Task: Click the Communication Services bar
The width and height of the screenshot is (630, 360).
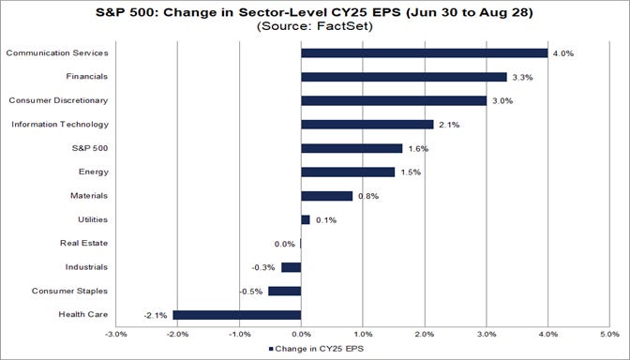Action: [424, 53]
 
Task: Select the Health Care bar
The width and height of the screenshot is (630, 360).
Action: [236, 315]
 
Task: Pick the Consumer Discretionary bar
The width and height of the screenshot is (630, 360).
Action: [394, 100]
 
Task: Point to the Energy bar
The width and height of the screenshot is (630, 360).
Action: [348, 172]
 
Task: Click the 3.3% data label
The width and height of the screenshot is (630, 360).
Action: [521, 77]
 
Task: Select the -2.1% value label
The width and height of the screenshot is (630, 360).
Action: [156, 315]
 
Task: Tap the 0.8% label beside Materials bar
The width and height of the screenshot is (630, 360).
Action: [368, 196]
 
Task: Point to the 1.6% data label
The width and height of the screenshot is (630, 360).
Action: [417, 148]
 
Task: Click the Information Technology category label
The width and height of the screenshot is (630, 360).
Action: [60, 124]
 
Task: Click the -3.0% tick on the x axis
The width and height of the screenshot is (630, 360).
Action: [115, 333]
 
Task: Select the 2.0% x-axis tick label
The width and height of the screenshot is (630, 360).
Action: [424, 333]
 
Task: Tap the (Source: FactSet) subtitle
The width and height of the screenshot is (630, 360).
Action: [316, 28]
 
